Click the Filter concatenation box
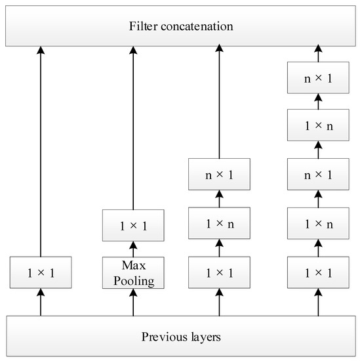point(180,26)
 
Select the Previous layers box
point(180,337)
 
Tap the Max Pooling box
point(133,272)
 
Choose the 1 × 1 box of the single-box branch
point(41,272)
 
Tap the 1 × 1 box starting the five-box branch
point(318,272)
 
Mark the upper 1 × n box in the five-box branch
point(318,125)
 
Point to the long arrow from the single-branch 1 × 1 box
point(41,151)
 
